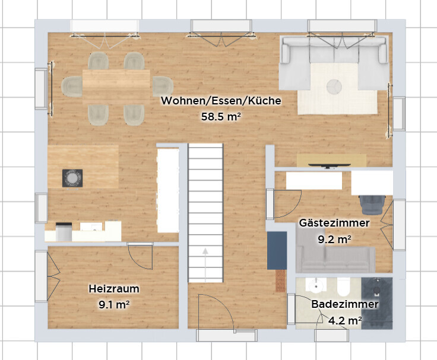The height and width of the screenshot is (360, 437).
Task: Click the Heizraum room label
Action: (x=114, y=289)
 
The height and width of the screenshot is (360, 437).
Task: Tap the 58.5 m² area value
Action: (x=221, y=117)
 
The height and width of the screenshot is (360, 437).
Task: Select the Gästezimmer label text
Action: (x=334, y=223)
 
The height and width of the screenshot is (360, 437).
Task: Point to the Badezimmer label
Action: (x=345, y=304)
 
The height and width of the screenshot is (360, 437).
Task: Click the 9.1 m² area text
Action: (x=114, y=305)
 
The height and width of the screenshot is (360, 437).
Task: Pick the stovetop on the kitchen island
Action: (x=72, y=178)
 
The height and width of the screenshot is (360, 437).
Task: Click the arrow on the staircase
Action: (x=205, y=265)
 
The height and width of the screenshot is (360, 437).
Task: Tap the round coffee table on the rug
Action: (x=334, y=87)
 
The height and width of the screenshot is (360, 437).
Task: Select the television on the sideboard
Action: (x=330, y=166)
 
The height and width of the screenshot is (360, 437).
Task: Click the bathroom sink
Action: (x=316, y=285)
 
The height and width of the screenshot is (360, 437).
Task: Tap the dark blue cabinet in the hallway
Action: (x=277, y=251)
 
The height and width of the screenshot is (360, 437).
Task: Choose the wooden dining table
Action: (x=116, y=87)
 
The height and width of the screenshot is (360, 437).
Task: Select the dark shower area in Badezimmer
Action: (x=377, y=303)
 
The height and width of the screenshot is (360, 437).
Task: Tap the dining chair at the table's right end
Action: (x=163, y=87)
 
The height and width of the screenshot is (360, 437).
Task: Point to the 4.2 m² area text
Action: (x=345, y=321)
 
